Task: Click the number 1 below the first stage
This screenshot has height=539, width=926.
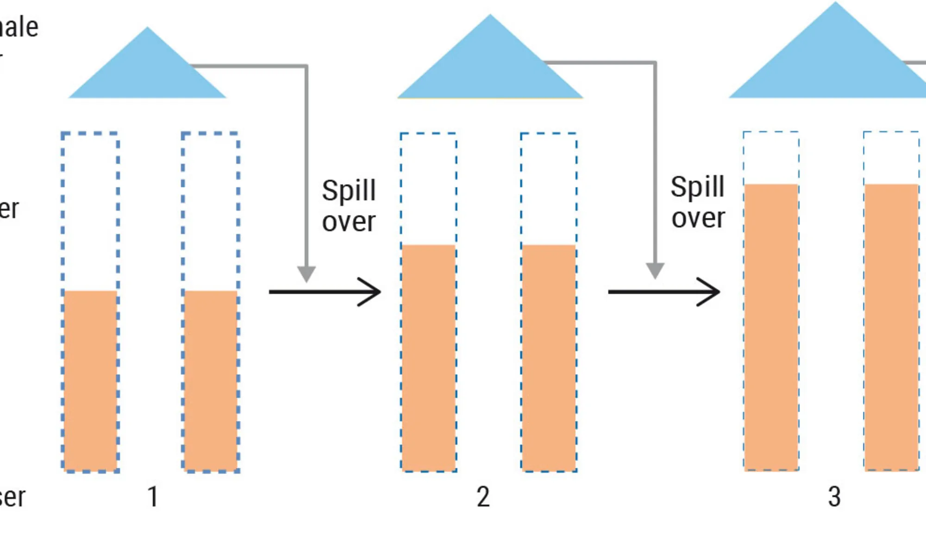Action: point(153,497)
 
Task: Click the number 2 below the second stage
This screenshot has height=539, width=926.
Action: point(483,497)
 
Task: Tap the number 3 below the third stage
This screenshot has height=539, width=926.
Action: point(834,497)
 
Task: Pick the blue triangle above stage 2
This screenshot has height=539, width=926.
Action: point(490,65)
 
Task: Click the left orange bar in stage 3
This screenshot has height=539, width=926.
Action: point(771,327)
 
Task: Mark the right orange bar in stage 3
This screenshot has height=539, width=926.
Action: point(892,327)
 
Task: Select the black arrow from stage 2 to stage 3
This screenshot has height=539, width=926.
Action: point(664,292)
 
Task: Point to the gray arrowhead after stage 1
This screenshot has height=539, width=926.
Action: point(306,273)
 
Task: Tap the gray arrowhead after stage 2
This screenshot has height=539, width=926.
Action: point(655,270)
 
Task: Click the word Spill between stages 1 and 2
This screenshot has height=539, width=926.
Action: point(349,191)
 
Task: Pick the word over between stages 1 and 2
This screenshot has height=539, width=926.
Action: point(349,222)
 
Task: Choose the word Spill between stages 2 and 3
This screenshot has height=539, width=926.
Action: point(697,187)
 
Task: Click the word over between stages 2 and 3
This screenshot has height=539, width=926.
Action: point(698,218)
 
